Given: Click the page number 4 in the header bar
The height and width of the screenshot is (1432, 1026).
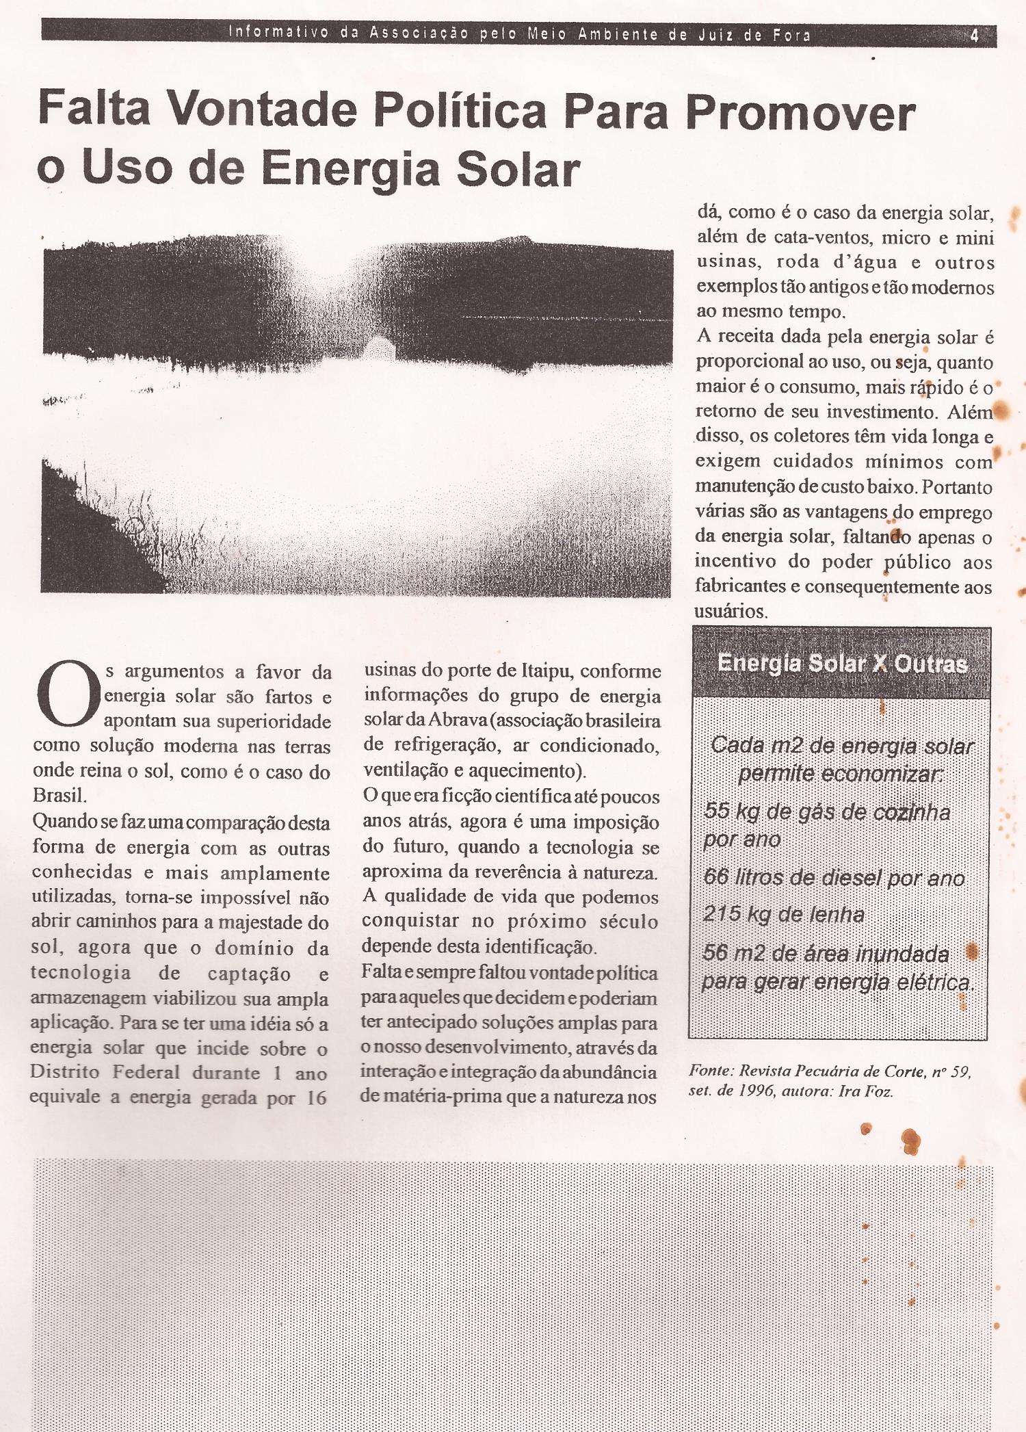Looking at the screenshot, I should pyautogui.click(x=974, y=36).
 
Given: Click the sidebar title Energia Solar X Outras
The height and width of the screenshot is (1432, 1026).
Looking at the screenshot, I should pyautogui.click(x=843, y=664).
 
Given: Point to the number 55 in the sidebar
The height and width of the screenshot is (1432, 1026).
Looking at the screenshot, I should pyautogui.click(x=716, y=811).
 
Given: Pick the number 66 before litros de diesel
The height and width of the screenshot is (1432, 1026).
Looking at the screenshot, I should pyautogui.click(x=716, y=877).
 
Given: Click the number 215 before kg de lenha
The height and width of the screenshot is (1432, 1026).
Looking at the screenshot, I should pyautogui.click(x=722, y=914).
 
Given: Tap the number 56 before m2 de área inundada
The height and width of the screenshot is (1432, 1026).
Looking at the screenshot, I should pyautogui.click(x=715, y=953).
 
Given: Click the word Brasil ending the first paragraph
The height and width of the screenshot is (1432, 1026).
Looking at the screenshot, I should pyautogui.click(x=59, y=796).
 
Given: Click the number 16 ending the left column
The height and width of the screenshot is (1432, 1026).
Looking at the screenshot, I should pyautogui.click(x=316, y=1098).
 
